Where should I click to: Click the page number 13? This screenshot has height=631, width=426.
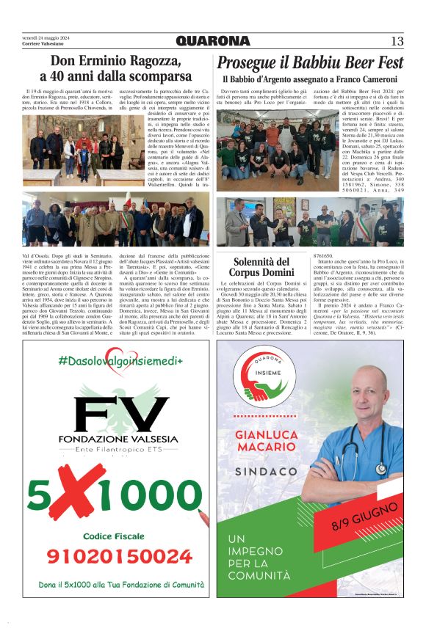click(397, 41)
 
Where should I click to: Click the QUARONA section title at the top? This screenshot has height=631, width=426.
click(212, 41)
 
